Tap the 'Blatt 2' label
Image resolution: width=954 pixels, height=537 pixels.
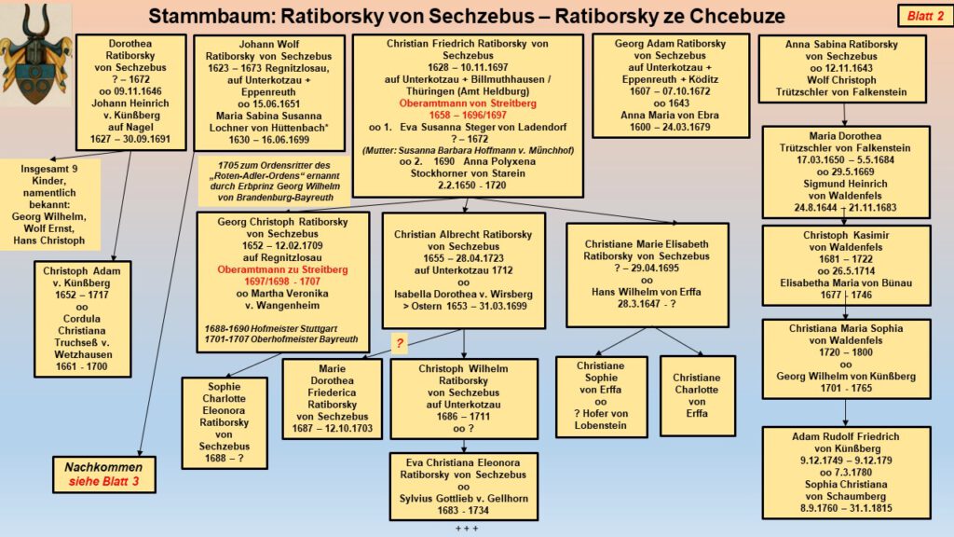[x=920, y=16]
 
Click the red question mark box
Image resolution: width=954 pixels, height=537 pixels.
[x=400, y=343]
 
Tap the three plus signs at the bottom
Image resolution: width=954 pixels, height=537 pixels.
[x=466, y=529]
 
